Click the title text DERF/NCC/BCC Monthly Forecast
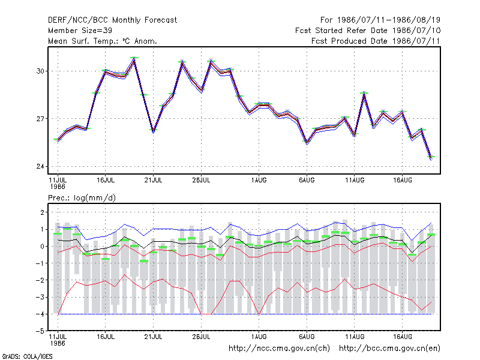tap(112, 20)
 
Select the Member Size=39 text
tap(80, 31)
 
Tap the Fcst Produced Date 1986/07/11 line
tap(376, 41)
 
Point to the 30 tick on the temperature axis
tap(40, 71)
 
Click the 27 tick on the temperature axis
tap(40, 119)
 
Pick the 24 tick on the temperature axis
tap(40, 167)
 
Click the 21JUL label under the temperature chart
tap(153, 181)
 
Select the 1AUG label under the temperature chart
tap(259, 181)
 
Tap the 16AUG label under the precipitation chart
tap(402, 337)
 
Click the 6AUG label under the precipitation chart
tap(307, 337)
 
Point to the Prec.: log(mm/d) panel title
tap(82, 198)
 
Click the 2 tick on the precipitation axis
tap(42, 212)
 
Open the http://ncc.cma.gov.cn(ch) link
tap(279, 349)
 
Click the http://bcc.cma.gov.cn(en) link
tap(389, 349)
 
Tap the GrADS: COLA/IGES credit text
tap(28, 356)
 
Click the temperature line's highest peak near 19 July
tap(134, 59)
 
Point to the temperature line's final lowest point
tap(431, 158)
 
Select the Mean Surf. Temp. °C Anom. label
tap(103, 41)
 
